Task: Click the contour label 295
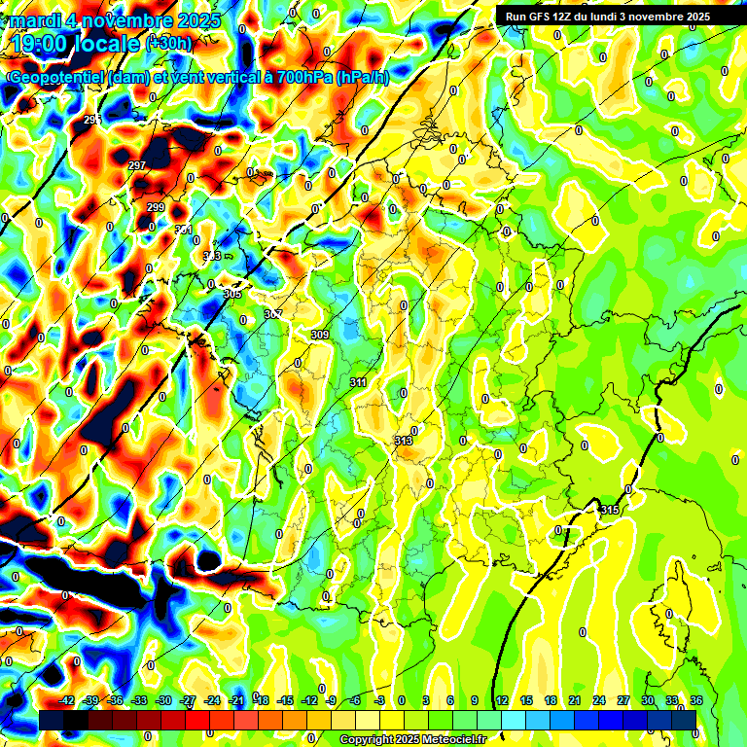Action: tap(92, 119)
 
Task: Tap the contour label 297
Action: tap(137, 165)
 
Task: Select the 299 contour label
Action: tap(156, 207)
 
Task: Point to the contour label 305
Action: tap(232, 293)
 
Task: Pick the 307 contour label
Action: tap(273, 314)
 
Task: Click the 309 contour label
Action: tap(319, 335)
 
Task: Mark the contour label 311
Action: tap(358, 382)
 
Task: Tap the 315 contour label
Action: tap(610, 510)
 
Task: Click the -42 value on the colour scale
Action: tap(67, 700)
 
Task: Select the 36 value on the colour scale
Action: tap(696, 700)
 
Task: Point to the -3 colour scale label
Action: tap(380, 700)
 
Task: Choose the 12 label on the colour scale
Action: tap(501, 700)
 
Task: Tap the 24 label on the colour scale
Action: tap(598, 700)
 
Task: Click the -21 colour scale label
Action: tap(236, 700)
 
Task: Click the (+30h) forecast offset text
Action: tap(168, 44)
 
